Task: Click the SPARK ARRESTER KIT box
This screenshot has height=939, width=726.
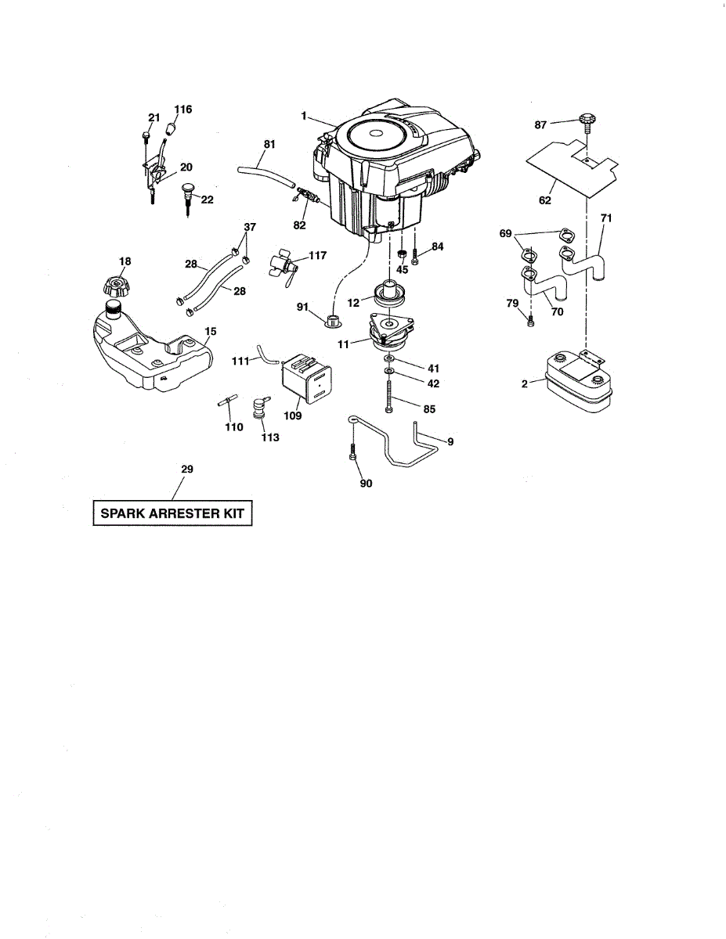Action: (x=172, y=514)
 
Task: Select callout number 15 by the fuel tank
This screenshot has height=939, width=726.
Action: (x=211, y=332)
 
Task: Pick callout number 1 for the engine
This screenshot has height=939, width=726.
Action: (x=302, y=116)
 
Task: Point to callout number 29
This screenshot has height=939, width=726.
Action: (x=187, y=469)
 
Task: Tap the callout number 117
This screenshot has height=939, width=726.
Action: (x=317, y=255)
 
